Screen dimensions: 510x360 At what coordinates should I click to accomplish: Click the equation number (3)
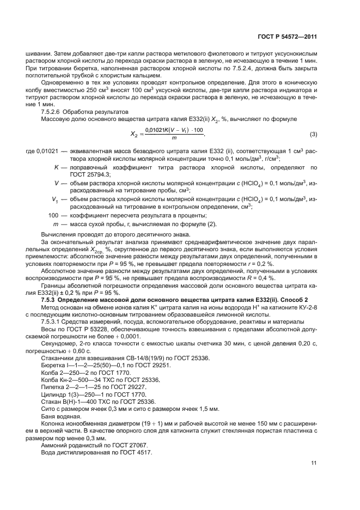(313, 134)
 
